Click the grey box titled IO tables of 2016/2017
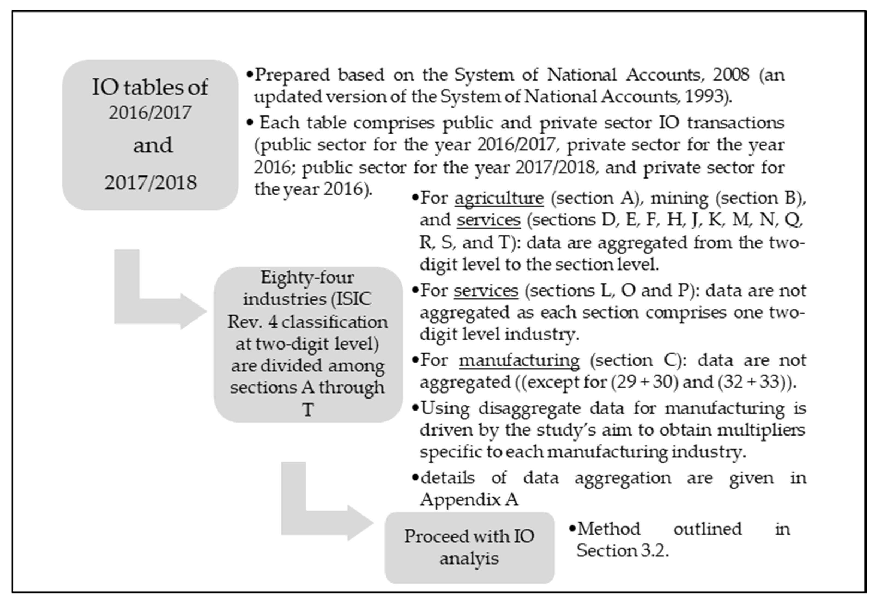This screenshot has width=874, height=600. coord(150,134)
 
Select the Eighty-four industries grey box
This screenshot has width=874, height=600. coord(308,344)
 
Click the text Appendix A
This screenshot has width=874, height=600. coord(469,500)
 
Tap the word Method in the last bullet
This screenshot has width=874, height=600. coord(609,529)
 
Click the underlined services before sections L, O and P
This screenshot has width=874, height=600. coord(486,290)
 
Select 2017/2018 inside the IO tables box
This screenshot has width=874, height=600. coord(150,183)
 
